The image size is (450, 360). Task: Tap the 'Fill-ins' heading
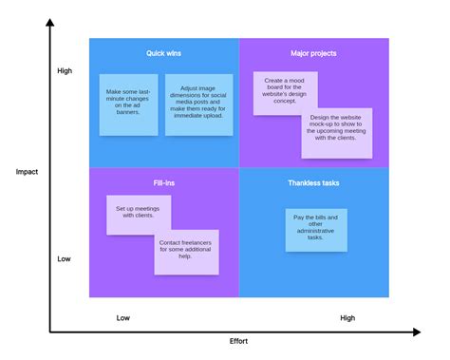[x=164, y=181]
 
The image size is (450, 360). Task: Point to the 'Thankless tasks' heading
[x=313, y=181]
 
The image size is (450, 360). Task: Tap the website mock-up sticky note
[x=336, y=132]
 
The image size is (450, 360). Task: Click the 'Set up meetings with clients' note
[x=139, y=214]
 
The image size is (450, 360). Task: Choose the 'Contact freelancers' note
[x=186, y=252]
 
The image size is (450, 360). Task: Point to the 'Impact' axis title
[x=26, y=172]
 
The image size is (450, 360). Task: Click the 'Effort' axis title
[x=238, y=340]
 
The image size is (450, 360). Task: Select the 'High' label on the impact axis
[x=65, y=71]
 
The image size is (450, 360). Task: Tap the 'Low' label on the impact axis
[x=65, y=258]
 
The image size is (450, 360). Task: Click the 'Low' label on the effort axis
[x=123, y=318]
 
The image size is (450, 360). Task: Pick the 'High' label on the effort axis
[x=347, y=318]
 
